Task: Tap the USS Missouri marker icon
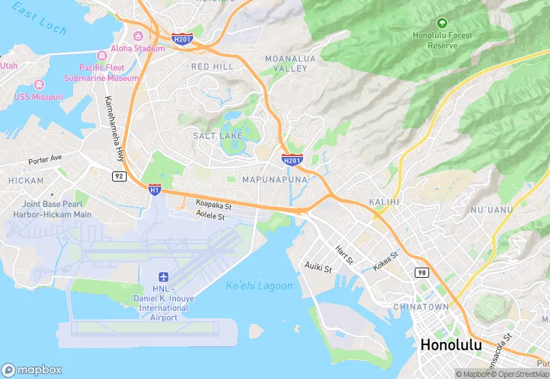click(x=38, y=85)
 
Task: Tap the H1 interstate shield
click(x=154, y=189)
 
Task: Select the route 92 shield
click(x=119, y=176)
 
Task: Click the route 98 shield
click(x=421, y=272)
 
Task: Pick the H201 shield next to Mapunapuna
click(x=291, y=159)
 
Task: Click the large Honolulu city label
click(x=450, y=345)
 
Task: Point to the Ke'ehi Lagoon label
click(x=259, y=286)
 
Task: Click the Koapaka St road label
click(x=212, y=205)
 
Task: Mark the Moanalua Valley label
click(x=291, y=63)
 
